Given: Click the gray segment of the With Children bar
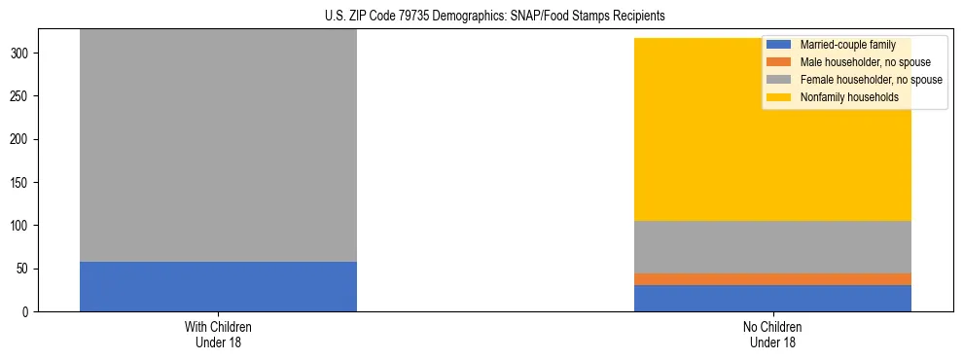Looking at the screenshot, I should (x=218, y=146).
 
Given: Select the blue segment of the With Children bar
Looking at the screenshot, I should (x=218, y=286).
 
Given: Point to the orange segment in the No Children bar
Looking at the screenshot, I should (x=772, y=279).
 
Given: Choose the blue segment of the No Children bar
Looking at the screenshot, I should (x=772, y=298).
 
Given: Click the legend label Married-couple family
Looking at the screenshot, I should (x=847, y=45).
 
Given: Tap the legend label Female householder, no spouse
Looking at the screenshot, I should (x=871, y=80).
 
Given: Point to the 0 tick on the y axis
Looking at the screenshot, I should (x=27, y=311).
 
